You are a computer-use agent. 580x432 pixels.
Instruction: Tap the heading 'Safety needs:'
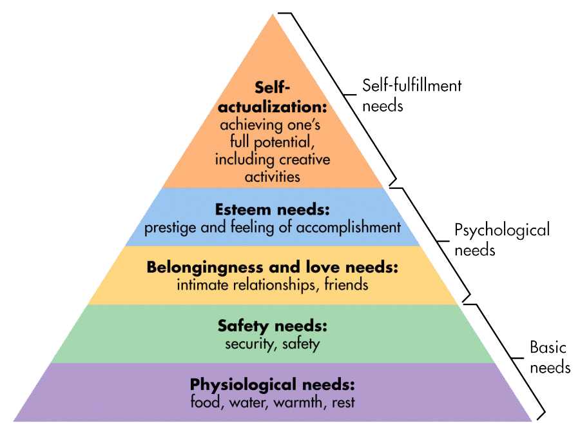click(272, 326)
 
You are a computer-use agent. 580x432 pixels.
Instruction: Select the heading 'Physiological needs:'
click(272, 385)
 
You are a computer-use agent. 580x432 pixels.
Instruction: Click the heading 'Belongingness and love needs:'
click(272, 267)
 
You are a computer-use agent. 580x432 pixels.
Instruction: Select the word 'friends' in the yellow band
click(347, 284)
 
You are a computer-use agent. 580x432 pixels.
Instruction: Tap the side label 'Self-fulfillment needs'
click(411, 94)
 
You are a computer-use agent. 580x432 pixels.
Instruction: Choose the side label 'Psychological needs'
click(501, 239)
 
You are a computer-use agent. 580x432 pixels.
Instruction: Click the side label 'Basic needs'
click(549, 357)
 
